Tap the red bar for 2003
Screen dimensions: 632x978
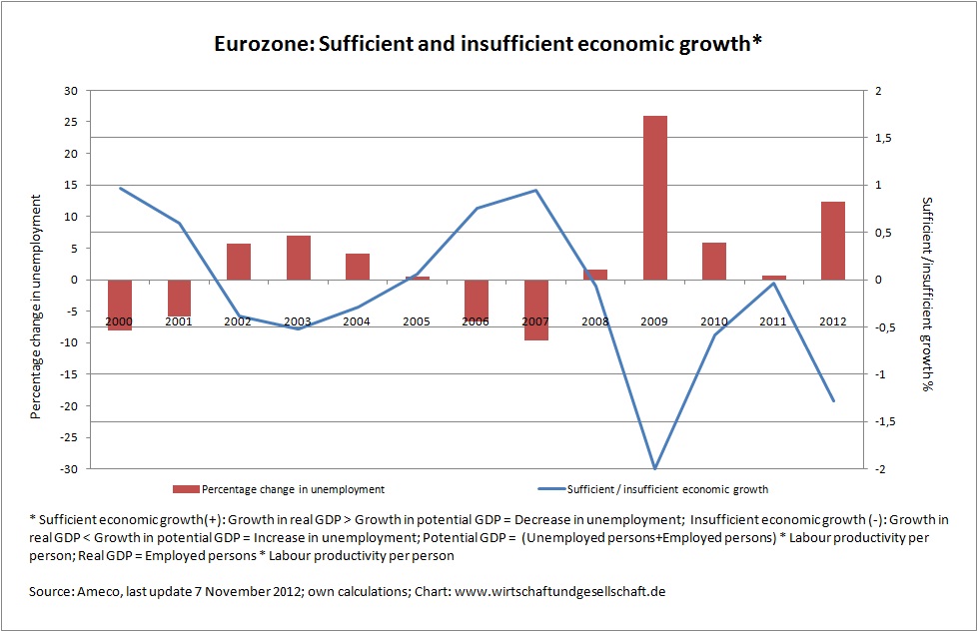[299, 258]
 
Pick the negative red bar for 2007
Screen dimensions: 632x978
[536, 310]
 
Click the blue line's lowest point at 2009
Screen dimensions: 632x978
[655, 467]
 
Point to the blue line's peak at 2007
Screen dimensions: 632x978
[536, 190]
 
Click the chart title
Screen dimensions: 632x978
[489, 45]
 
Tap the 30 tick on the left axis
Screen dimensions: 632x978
[70, 91]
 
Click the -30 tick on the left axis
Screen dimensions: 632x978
[67, 468]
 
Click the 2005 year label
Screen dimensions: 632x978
[418, 321]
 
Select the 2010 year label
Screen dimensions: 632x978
[714, 321]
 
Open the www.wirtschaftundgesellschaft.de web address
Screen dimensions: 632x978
[559, 592]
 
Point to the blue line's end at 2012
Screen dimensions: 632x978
[833, 400]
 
